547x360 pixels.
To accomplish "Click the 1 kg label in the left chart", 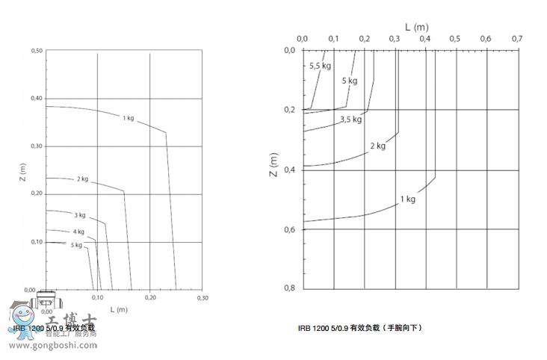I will click(129, 117).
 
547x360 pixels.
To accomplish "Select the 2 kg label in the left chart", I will click(82, 179).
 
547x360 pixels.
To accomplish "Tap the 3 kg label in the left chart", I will click(80, 215).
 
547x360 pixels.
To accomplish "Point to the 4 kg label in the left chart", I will click(78, 232).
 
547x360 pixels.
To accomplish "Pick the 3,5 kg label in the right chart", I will click(350, 119).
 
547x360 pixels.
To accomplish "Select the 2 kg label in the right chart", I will click(377, 146).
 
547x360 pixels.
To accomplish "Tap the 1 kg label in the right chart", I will click(407, 199).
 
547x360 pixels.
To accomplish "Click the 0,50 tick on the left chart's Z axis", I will click(37, 51).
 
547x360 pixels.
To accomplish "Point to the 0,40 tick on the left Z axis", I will click(37, 99).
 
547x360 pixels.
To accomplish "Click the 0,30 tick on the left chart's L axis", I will click(202, 297).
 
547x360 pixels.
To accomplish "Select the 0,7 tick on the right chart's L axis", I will click(516, 38).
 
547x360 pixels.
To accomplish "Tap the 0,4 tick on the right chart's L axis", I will click(425, 38).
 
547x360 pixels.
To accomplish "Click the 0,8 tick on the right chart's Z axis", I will click(290, 288).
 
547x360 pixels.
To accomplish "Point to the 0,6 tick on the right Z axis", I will click(290, 229).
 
